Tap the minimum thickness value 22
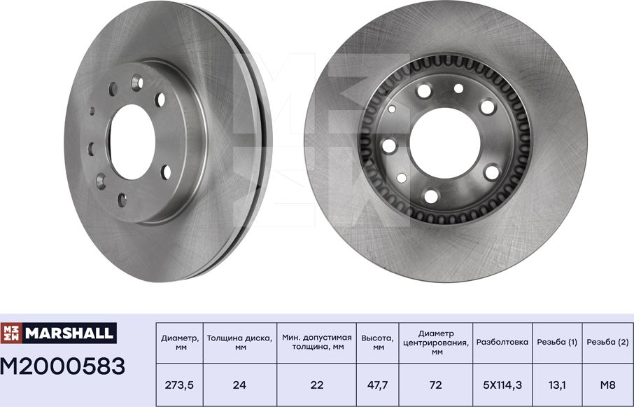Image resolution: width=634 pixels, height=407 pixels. pyautogui.click(x=316, y=384)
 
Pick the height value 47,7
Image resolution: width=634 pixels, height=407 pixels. pyautogui.click(x=378, y=384)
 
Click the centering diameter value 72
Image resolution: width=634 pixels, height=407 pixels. pyautogui.click(x=436, y=384)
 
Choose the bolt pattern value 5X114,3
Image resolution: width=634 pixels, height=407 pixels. pyautogui.click(x=502, y=384)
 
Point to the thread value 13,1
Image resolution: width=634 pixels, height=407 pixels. pyautogui.click(x=557, y=384)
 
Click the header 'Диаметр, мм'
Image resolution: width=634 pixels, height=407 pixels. pyautogui.click(x=179, y=342)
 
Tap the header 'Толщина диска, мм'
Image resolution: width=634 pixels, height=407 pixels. pyautogui.click(x=240, y=342)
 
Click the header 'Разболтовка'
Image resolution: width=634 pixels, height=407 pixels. pyautogui.click(x=502, y=342)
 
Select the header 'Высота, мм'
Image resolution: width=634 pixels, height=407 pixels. pyautogui.click(x=378, y=342)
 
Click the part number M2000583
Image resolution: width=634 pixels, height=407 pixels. pyautogui.click(x=63, y=366)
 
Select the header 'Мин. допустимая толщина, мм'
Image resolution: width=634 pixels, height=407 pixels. pyautogui.click(x=316, y=342)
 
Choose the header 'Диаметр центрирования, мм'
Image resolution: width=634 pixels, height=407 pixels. pyautogui.click(x=436, y=342)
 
